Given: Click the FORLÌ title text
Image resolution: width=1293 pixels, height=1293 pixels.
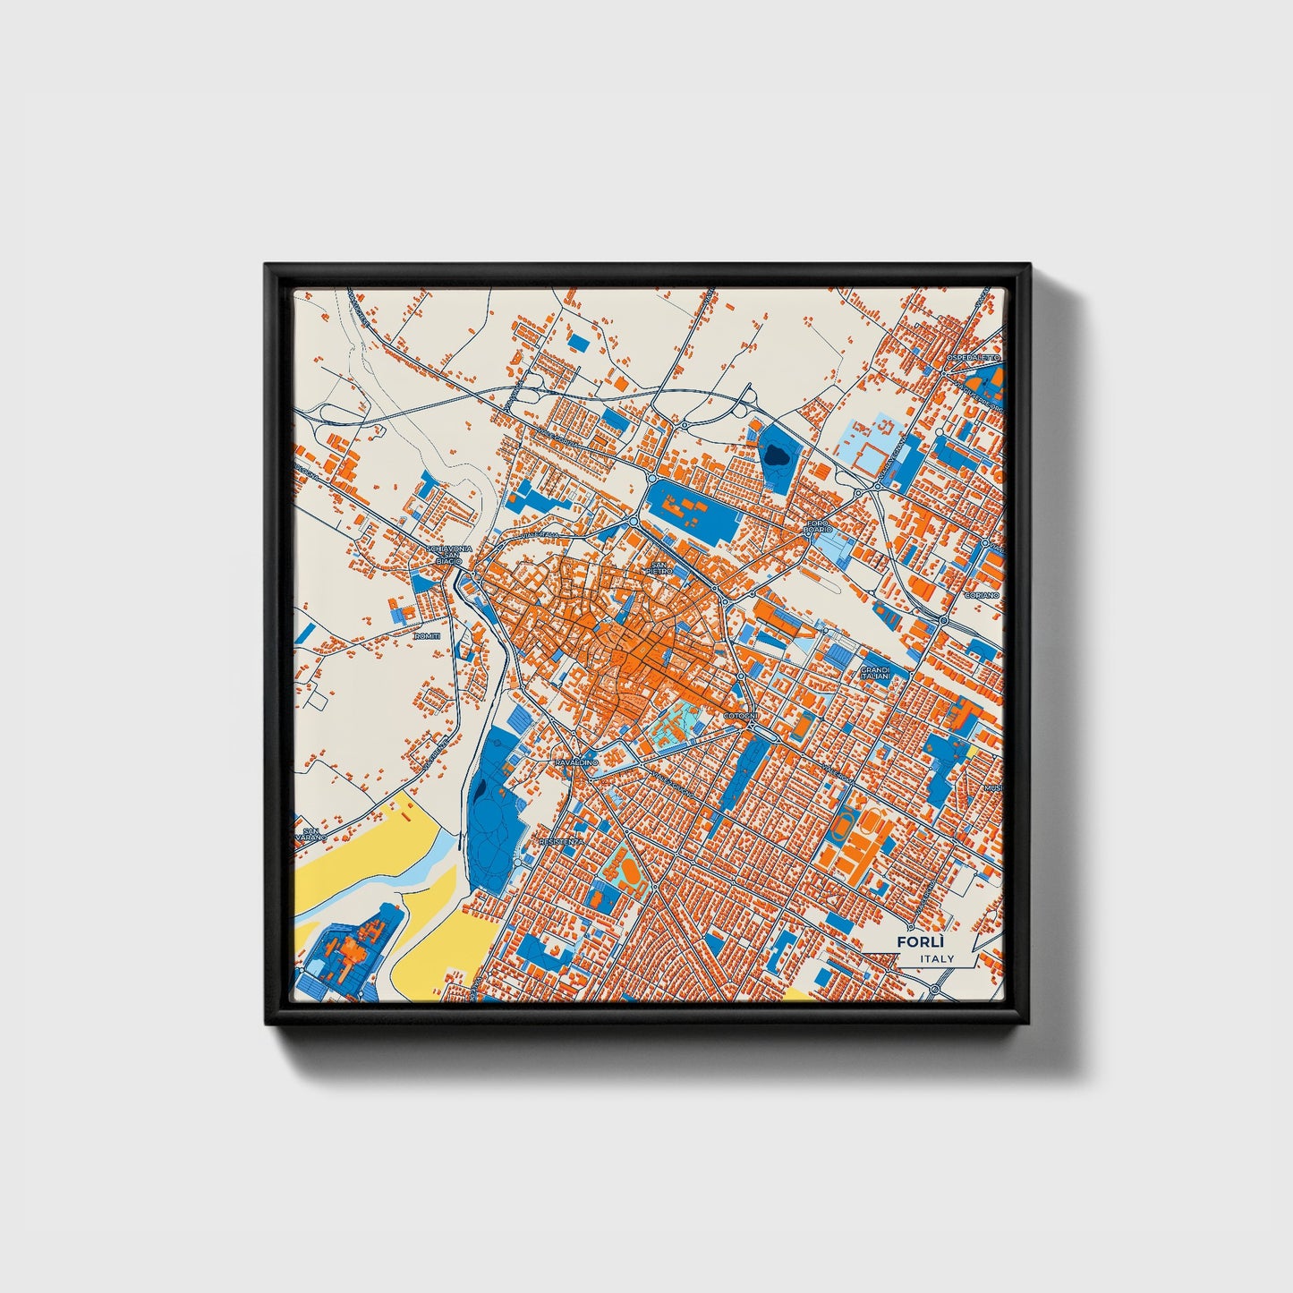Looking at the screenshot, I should pos(921,942).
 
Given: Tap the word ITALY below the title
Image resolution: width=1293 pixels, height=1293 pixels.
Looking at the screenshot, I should pos(937,958).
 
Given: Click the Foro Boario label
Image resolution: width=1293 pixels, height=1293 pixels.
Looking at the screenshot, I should pos(819,525).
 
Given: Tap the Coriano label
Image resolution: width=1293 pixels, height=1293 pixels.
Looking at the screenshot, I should pos(974,595).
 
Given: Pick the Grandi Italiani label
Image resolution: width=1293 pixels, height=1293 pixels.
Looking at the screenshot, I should pos(875,673).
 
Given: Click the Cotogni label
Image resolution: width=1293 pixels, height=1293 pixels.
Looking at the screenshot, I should pos(741,717).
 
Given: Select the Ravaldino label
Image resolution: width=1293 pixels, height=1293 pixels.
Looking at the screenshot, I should pos(575,761).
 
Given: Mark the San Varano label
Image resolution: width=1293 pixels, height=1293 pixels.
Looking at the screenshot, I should pos(310,836).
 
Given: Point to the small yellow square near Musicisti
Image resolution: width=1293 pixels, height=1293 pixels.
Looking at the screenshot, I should pos(970,752).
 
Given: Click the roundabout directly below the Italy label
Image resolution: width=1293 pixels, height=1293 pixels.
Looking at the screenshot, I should pos(934,990).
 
